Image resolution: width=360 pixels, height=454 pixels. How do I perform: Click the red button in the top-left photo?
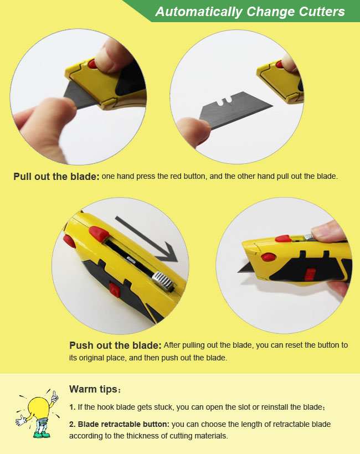[94, 66]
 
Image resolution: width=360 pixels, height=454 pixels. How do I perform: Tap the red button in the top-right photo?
[279, 65]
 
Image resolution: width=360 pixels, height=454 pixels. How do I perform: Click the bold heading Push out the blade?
[115, 345]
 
